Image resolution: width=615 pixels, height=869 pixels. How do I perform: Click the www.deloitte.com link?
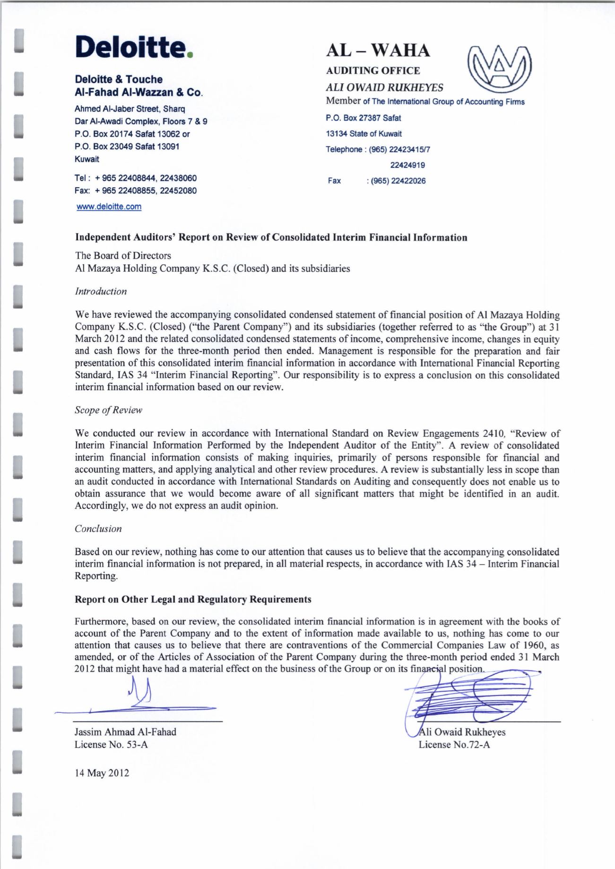tap(108, 207)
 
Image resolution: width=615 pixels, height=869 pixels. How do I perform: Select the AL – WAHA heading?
tap(378, 50)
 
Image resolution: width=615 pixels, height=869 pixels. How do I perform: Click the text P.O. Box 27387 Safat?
tap(364, 118)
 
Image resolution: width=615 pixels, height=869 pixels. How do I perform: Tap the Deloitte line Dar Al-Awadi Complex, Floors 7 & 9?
tap(141, 122)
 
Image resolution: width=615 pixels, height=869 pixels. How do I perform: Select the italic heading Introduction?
tap(101, 291)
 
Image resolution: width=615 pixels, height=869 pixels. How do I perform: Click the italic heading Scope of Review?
tap(108, 410)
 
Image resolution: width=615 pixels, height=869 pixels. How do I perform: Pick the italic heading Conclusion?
tap(98, 529)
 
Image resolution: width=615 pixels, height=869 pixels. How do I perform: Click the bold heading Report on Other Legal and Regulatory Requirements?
tap(193, 600)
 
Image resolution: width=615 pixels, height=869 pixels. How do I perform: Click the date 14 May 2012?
tap(102, 773)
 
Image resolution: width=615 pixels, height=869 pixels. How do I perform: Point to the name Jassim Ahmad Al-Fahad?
tap(125, 732)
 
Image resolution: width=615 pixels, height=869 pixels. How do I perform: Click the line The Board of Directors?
tap(123, 256)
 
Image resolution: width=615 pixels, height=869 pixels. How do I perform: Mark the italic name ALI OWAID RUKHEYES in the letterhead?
tap(384, 87)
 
